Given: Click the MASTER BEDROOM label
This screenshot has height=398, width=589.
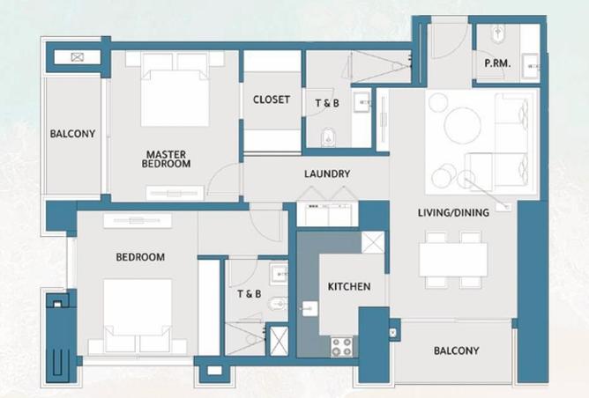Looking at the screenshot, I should pyautogui.click(x=168, y=158).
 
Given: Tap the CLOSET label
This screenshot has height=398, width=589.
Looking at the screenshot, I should pyautogui.click(x=271, y=99).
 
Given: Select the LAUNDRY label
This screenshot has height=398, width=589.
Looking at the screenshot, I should pyautogui.click(x=327, y=174).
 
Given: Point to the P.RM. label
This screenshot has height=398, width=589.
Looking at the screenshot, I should pyautogui.click(x=496, y=64).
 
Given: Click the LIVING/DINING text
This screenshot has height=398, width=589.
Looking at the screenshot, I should pyautogui.click(x=452, y=211).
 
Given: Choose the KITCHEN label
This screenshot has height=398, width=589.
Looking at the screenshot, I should pyautogui.click(x=349, y=287).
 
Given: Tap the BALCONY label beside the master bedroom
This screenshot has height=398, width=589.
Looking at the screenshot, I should pyautogui.click(x=72, y=135).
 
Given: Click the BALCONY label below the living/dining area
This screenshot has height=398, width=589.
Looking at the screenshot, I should pyautogui.click(x=456, y=350).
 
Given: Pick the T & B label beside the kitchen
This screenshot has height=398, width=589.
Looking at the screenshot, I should pyautogui.click(x=249, y=294).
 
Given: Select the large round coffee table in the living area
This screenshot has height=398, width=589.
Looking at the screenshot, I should pyautogui.click(x=462, y=124).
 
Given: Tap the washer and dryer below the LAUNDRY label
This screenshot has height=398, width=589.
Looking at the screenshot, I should pyautogui.click(x=327, y=214).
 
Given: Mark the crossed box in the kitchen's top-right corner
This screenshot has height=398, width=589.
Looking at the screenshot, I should pyautogui.click(x=373, y=241).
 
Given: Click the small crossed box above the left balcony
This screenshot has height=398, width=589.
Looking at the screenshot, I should pyautogui.click(x=77, y=57).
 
